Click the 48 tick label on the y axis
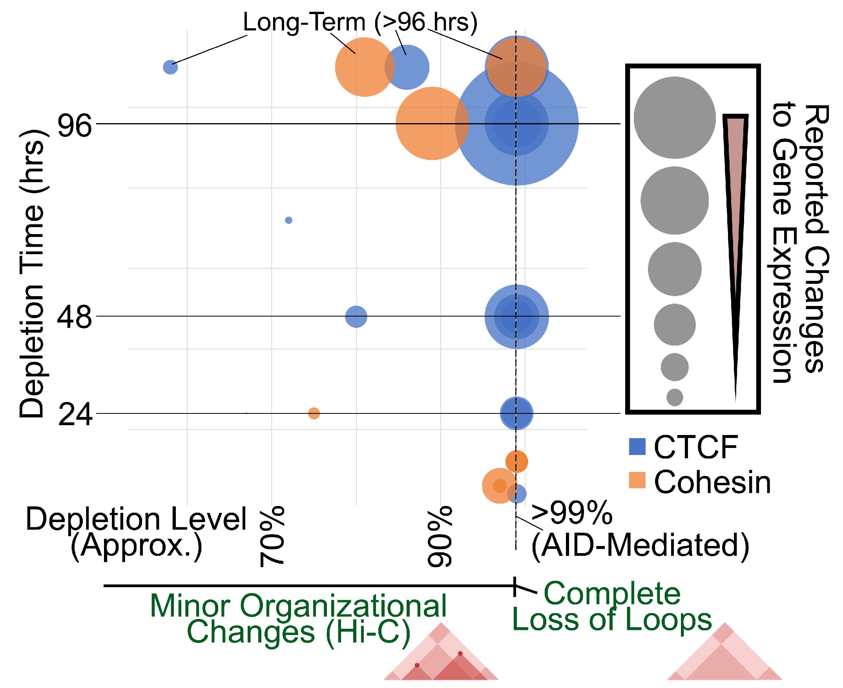coord(75,318)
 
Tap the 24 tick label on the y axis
coord(75,415)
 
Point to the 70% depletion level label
coord(272,537)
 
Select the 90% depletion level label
coord(440,537)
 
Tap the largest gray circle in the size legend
coord(675,118)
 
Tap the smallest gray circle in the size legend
coord(675,397)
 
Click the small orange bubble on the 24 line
coord(314,413)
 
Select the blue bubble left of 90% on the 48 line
coord(356,317)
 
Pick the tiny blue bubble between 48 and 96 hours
coord(289,220)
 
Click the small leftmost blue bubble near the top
coord(170,67)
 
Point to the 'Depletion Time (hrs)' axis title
coord(32,273)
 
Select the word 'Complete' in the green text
coord(612,593)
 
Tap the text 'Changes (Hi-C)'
coord(298,632)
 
